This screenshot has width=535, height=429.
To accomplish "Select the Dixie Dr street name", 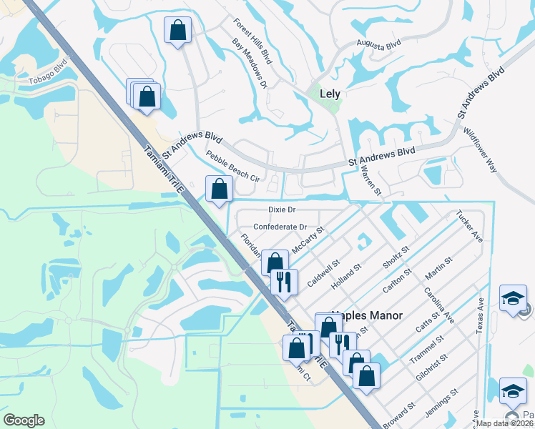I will (282, 209).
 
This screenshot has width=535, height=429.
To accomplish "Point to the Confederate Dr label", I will (280, 227).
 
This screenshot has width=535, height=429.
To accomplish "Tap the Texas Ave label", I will (480, 315).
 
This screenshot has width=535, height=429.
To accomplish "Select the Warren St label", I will (372, 182).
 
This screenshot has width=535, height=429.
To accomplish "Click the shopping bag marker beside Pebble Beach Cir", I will (220, 190).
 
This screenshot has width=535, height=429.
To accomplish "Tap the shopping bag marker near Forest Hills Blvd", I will (177, 31).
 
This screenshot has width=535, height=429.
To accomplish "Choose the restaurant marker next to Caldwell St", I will (285, 281).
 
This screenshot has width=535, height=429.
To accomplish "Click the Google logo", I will (24, 420).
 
